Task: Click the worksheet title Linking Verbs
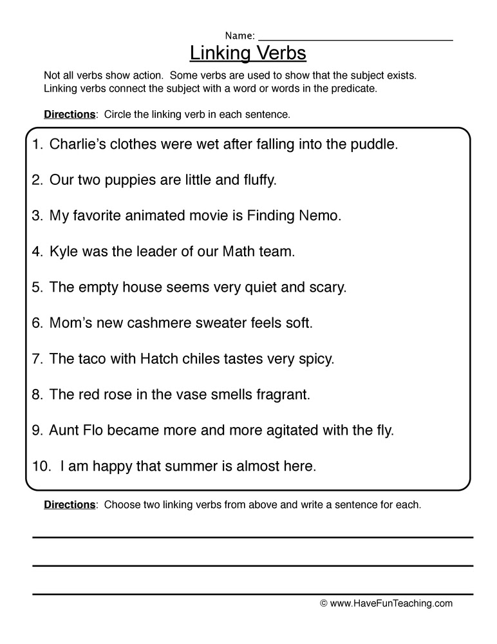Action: (248, 52)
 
